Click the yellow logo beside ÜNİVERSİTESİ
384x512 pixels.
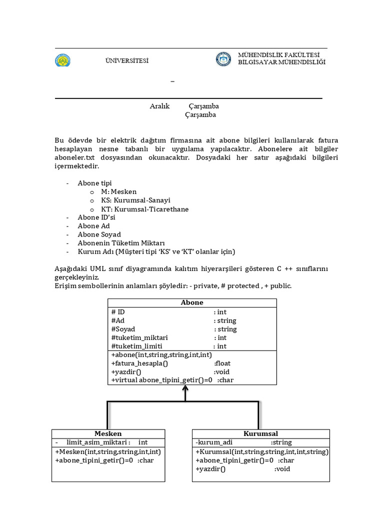click(63, 60)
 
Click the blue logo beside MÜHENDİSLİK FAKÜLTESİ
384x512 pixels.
click(224, 59)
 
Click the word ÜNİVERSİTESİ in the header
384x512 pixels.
click(127, 61)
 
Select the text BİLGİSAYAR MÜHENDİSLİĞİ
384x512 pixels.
click(281, 62)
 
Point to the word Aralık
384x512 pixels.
click(160, 106)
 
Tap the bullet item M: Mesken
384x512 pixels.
click(118, 192)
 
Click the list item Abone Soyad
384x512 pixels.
click(99, 234)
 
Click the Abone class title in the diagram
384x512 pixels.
click(192, 302)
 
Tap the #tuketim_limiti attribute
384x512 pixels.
click(137, 346)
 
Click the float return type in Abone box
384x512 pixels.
click(222, 363)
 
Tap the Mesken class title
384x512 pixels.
click(108, 433)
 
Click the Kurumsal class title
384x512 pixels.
click(261, 433)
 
